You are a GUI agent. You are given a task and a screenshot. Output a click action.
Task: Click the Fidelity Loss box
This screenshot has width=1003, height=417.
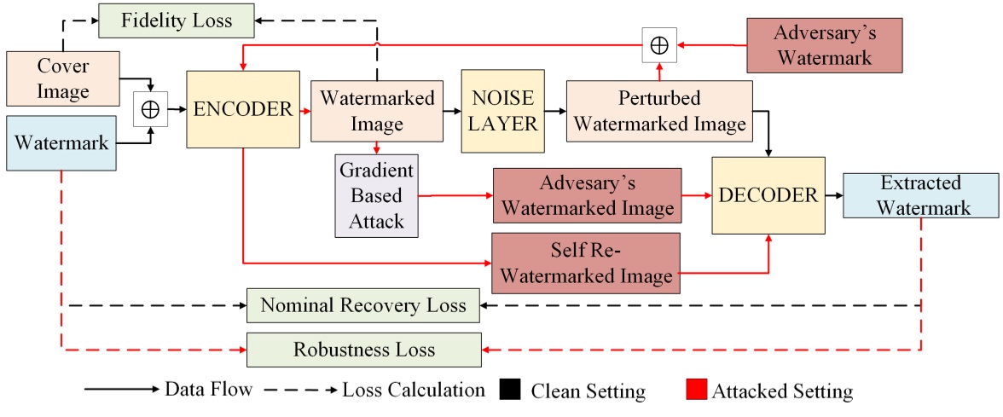pos(177,20)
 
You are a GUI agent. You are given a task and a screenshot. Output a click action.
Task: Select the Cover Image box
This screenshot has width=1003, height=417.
pos(61,78)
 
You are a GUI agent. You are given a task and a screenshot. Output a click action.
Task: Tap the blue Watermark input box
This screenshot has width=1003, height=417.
pos(61,143)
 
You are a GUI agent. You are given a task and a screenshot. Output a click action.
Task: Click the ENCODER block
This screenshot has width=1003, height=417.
pos(243,109)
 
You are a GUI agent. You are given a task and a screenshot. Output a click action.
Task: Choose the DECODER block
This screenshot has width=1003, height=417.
pos(768,195)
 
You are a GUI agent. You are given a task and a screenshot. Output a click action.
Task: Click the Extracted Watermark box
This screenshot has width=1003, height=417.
pos(920,195)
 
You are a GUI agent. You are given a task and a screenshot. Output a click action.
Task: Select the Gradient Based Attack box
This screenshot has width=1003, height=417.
pos(376,195)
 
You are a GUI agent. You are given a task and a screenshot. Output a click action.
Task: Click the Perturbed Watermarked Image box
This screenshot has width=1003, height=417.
pos(659,111)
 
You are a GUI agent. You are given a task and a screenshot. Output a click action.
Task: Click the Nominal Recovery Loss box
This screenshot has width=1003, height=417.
pos(363,305)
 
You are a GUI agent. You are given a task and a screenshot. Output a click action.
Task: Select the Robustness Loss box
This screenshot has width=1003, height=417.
pos(363,350)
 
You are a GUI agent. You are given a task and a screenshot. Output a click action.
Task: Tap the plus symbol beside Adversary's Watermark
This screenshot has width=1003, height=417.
pos(659,45)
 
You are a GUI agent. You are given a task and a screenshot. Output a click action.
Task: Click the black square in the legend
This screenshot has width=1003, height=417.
pos(509,391)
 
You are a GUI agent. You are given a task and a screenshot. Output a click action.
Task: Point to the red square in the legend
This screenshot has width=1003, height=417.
pos(695,391)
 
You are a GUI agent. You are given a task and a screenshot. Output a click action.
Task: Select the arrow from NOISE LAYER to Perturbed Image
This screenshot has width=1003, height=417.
pos(553,111)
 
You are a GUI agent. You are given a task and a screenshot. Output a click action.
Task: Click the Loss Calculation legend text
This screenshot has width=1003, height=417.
pos(414,391)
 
